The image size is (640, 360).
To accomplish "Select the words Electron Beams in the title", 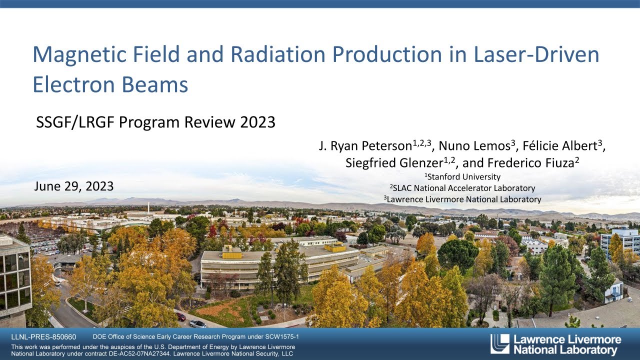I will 110,84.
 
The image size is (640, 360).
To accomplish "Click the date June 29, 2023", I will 74,186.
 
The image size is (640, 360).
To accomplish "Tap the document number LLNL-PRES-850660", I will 44,337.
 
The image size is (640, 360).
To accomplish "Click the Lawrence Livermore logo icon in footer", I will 499,344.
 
